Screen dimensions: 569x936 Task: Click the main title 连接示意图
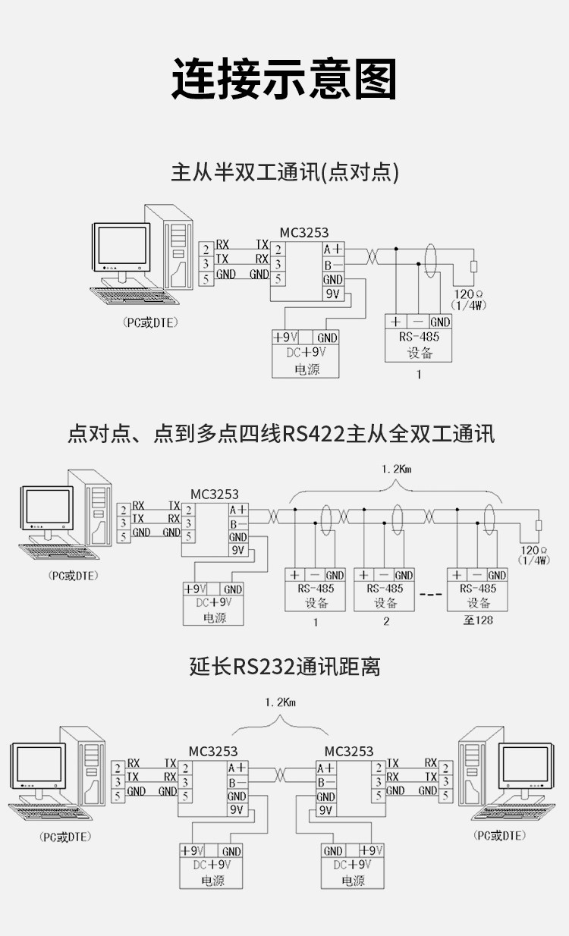pyautogui.click(x=284, y=79)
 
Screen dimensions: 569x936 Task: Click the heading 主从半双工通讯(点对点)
pyautogui.click(x=284, y=172)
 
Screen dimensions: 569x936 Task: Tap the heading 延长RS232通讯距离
pyautogui.click(x=284, y=667)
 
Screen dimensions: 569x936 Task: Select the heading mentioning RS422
pyautogui.click(x=281, y=433)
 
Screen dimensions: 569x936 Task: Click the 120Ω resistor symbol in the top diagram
pyautogui.click(x=473, y=266)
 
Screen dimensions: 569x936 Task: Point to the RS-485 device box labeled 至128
pyautogui.click(x=477, y=589)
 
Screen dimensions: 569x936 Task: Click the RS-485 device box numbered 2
pyautogui.click(x=384, y=589)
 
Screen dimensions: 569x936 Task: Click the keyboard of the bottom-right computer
pyautogui.click(x=514, y=811)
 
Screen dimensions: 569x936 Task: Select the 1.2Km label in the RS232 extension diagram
pyautogui.click(x=280, y=702)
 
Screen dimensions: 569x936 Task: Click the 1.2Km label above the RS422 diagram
pyautogui.click(x=396, y=469)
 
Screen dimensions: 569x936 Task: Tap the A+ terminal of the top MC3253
pyautogui.click(x=333, y=249)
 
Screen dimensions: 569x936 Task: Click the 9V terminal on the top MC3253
pyautogui.click(x=333, y=294)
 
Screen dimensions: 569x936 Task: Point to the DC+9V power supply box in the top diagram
pyautogui.click(x=305, y=354)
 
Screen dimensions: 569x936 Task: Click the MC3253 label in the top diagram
pyautogui.click(x=304, y=232)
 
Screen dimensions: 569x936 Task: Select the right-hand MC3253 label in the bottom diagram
pyautogui.click(x=349, y=752)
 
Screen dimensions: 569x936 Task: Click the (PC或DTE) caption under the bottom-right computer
pyautogui.click(x=499, y=835)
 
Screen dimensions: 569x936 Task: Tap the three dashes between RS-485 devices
pyautogui.click(x=431, y=594)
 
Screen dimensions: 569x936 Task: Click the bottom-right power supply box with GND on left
pyautogui.click(x=353, y=865)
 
